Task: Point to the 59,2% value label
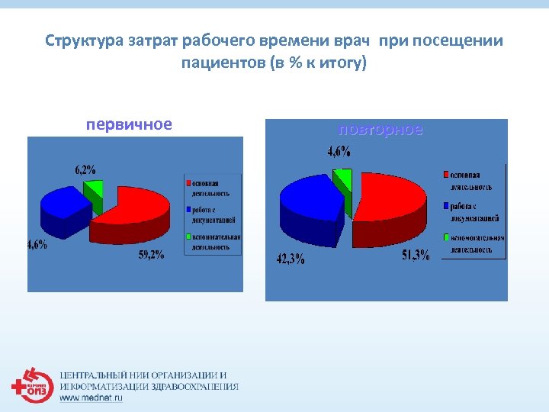(150, 255)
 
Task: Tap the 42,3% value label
(290, 259)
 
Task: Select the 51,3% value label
(416, 256)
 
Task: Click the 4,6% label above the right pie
(339, 152)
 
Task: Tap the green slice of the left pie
(94, 191)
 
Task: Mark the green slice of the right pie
(344, 179)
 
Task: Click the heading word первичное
(128, 124)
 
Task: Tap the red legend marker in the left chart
(188, 184)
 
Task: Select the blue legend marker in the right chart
(446, 206)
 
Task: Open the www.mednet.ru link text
(91, 398)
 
